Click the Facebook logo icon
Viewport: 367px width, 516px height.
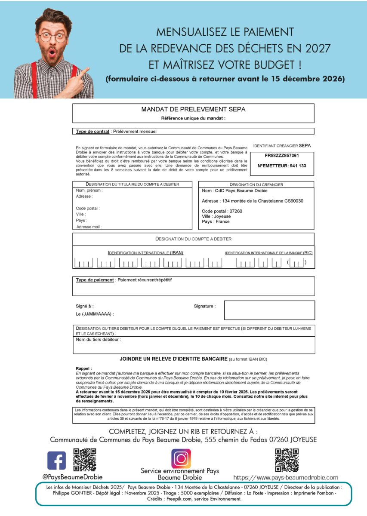56,460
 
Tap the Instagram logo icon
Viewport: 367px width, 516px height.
181,458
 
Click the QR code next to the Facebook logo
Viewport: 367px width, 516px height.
85,460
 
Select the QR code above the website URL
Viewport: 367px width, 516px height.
287,460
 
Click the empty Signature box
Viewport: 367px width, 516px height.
269,310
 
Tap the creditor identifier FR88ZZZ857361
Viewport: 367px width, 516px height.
282,155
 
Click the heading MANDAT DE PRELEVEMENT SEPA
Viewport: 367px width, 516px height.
193,110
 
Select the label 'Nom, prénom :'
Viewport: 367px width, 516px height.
89,190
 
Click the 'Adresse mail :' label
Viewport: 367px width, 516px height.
89,227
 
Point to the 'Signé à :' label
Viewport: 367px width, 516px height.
85,306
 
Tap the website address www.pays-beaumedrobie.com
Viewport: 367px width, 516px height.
286,477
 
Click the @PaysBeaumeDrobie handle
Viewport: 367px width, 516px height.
66,476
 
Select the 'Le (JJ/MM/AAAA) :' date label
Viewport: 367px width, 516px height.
95,314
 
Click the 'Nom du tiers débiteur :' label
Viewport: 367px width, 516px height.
99,340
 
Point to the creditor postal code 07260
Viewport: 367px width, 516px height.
236,211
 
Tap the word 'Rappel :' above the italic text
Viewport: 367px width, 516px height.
83,369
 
